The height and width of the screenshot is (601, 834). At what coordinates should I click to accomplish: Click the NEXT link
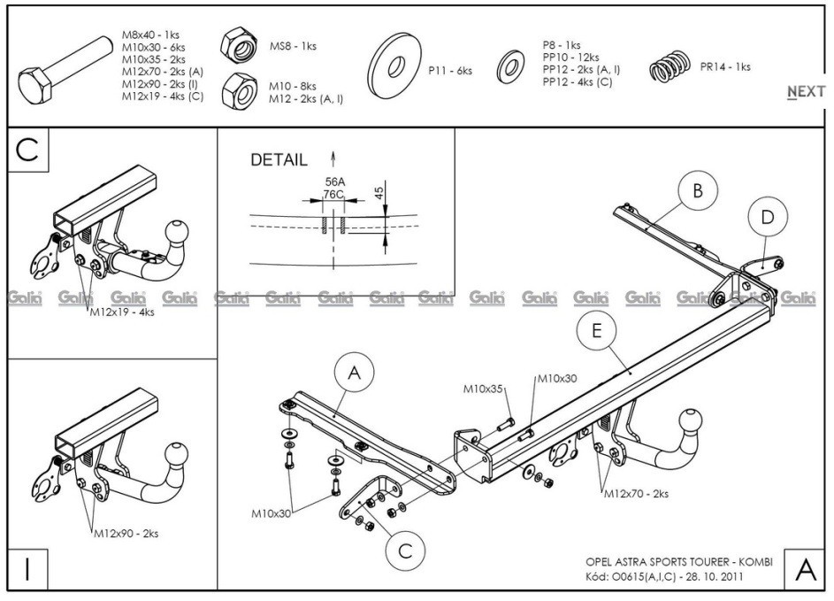pos(807,91)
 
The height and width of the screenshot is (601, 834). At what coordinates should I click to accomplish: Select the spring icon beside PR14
pos(670,67)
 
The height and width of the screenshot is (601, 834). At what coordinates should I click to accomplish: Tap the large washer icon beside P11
pos(394,65)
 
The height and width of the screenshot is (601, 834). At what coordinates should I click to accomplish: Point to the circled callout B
pos(697,191)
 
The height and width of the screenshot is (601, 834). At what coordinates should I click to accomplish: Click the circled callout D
pos(767,217)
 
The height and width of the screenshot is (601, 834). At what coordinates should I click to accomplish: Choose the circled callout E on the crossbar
pos(596,331)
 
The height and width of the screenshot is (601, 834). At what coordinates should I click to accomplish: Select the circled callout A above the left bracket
pos(355,373)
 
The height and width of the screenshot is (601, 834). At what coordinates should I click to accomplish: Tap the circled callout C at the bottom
pos(405,551)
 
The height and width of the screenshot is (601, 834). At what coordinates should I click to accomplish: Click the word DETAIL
pos(279,159)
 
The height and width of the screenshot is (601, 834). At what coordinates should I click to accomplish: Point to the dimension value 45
pos(379,192)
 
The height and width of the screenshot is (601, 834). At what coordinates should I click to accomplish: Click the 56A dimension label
pos(334,182)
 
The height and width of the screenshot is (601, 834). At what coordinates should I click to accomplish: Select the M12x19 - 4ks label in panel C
pos(122,312)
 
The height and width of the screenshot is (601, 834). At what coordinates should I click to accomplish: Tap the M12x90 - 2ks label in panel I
pos(126,534)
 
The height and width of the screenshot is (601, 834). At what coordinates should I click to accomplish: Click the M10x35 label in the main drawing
pos(483,389)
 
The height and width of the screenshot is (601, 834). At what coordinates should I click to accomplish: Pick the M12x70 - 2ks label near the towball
pos(636,494)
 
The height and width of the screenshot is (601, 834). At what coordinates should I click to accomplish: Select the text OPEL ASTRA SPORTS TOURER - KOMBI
pos(679,561)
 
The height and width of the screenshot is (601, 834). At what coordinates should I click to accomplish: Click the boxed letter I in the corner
pos(27,569)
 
